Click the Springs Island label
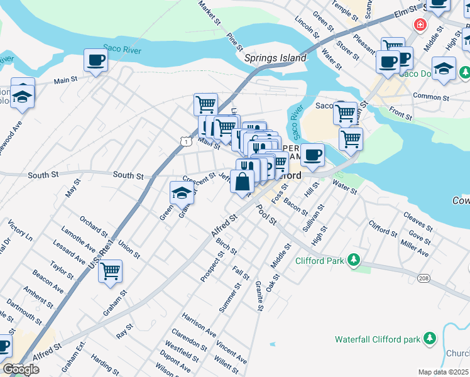pyautogui.click(x=275, y=58)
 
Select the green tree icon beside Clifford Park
pyautogui.click(x=354, y=259)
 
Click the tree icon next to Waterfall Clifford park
pyautogui.click(x=430, y=339)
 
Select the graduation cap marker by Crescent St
pyautogui.click(x=181, y=193)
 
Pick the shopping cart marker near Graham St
pyautogui.click(x=110, y=271)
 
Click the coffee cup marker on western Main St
pyautogui.click(x=96, y=60)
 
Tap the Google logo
pyautogui.click(x=21, y=369)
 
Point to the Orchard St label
pyautogui.click(x=94, y=225)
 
